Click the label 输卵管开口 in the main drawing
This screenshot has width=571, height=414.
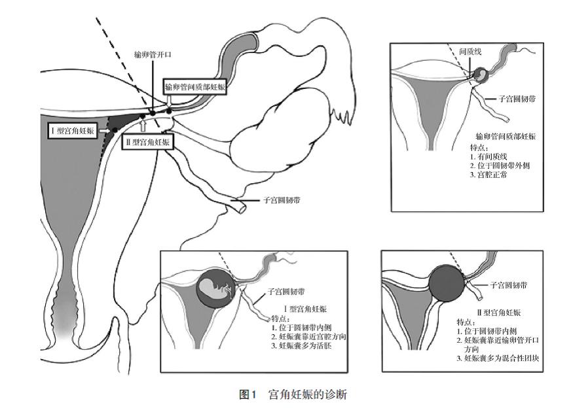(153, 55)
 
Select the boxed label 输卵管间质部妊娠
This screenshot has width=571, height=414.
(195, 87)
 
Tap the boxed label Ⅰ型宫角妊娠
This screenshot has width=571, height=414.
(73, 131)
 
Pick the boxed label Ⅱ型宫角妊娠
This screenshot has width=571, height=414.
(147, 142)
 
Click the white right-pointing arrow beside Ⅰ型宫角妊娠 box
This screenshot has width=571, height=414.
(105, 130)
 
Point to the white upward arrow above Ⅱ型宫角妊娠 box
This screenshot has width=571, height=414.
(143, 126)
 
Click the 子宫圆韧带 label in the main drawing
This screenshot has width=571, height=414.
(282, 200)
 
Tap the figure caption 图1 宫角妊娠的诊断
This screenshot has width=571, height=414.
(293, 394)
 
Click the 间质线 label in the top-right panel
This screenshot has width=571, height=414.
(470, 52)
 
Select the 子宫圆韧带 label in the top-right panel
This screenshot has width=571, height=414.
(517, 99)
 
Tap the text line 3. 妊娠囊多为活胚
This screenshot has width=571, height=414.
(301, 345)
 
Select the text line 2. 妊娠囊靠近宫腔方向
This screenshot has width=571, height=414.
(308, 337)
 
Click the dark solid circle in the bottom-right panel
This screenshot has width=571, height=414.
(447, 283)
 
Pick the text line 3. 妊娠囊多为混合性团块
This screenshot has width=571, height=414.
(498, 358)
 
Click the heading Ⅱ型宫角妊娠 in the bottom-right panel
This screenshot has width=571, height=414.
(498, 312)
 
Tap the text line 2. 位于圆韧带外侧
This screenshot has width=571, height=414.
(500, 165)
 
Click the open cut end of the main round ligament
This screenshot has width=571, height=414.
(242, 209)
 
